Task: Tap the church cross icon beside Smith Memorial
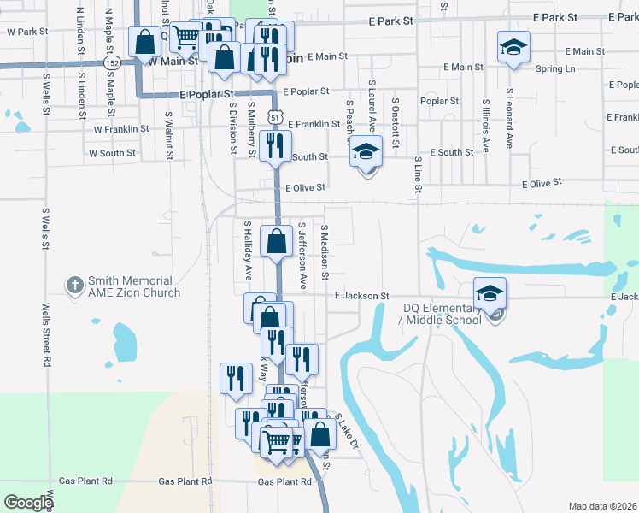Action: tap(75, 283)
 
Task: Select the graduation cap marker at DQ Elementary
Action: tap(490, 293)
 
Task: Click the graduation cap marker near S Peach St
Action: tap(366, 151)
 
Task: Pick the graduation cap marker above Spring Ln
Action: tap(513, 47)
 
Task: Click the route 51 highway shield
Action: tap(271, 115)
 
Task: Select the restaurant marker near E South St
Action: tap(274, 145)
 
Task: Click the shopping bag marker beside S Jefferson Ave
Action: tap(276, 240)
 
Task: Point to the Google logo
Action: tap(28, 503)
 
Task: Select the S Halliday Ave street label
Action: tap(248, 250)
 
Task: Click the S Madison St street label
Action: tap(325, 253)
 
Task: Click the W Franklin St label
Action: tap(120, 129)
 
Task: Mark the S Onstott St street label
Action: tap(395, 123)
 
